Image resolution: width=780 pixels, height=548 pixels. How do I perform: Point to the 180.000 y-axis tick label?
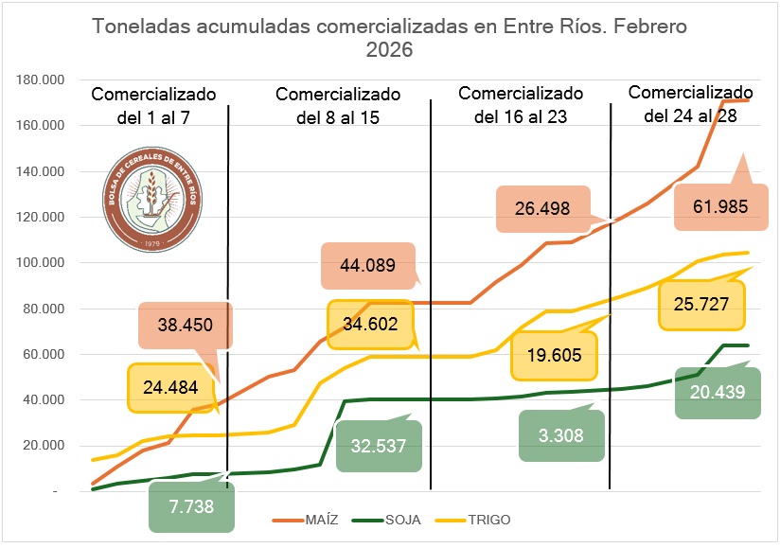point(40,80)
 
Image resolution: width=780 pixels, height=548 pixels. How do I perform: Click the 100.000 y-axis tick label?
point(40,262)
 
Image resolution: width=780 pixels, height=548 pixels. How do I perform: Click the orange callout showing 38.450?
point(185,326)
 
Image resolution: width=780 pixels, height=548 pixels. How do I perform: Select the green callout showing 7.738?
point(191,506)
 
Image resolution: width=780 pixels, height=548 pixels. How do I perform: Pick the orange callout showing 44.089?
point(367,266)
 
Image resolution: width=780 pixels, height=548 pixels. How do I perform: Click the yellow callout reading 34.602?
point(371,324)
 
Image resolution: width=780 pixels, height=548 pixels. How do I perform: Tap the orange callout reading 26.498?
point(542,208)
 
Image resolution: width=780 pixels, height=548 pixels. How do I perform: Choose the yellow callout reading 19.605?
point(554,354)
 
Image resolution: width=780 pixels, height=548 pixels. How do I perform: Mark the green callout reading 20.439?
point(718,392)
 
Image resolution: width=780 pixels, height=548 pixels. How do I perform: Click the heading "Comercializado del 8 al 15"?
point(338,106)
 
